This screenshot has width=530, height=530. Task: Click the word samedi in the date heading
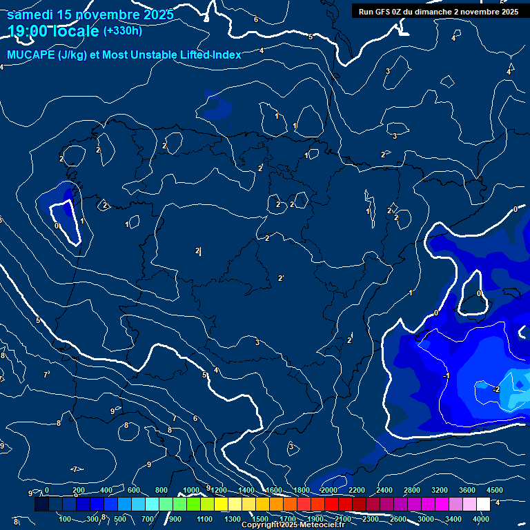[30, 14]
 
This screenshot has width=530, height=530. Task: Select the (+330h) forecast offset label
[122, 30]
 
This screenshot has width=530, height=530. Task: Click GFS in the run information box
[385, 11]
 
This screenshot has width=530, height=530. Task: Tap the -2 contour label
[495, 389]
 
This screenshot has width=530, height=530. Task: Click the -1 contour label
[446, 375]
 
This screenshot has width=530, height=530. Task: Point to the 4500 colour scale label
[495, 490]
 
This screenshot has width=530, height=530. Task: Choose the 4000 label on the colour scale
[482, 519]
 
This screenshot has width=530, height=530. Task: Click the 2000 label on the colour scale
[329, 490]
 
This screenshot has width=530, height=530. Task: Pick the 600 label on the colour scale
[134, 490]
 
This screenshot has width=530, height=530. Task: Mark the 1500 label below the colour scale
[260, 519]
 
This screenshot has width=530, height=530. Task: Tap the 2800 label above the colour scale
[412, 490]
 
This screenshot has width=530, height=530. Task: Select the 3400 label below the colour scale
[453, 519]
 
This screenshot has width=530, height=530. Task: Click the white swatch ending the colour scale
[483, 504]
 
